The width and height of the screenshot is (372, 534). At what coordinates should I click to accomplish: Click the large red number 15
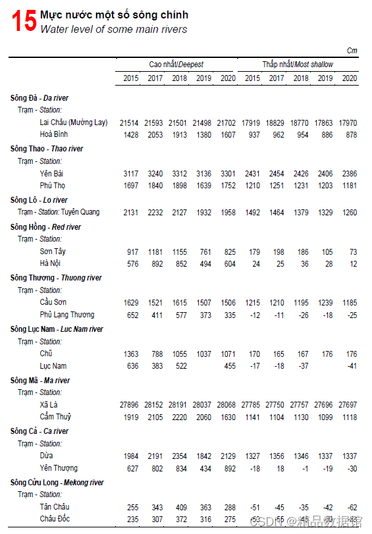(x=23, y=21)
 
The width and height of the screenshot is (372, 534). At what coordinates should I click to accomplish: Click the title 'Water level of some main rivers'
(x=113, y=29)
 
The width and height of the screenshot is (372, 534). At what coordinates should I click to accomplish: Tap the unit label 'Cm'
(x=352, y=51)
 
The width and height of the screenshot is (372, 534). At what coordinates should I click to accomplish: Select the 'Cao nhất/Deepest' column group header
(x=176, y=65)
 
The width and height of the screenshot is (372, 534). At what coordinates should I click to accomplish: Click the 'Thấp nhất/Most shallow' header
(x=298, y=65)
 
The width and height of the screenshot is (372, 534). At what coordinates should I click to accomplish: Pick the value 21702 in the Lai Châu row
(x=226, y=122)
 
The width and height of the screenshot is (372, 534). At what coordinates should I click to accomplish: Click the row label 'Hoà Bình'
(x=54, y=134)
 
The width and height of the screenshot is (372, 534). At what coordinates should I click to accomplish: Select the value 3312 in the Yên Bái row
(x=179, y=174)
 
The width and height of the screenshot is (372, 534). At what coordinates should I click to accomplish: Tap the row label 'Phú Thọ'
(x=53, y=186)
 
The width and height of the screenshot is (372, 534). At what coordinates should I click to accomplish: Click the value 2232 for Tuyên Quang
(x=155, y=213)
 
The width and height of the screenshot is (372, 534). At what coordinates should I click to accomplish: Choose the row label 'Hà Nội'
(x=50, y=263)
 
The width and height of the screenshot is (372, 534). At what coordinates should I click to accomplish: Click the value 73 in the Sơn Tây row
(x=353, y=252)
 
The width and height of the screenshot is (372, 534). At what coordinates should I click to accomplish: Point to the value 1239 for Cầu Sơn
(x=325, y=303)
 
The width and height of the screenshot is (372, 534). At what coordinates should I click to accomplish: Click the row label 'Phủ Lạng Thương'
(x=66, y=315)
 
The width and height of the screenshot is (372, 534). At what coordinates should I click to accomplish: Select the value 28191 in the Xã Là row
(x=179, y=405)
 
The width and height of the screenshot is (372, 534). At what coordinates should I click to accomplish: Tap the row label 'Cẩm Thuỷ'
(x=55, y=417)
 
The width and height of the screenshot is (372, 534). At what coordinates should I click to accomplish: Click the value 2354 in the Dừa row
(x=179, y=456)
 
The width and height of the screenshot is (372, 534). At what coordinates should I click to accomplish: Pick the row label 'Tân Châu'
(x=54, y=507)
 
